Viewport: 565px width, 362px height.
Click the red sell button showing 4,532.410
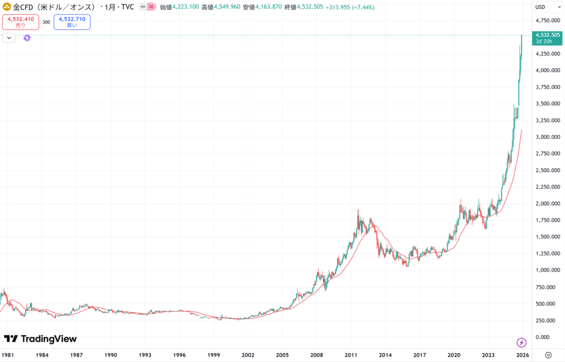(21, 22)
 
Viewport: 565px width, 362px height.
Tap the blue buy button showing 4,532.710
(72, 22)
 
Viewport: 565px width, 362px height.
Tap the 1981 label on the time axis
(8, 355)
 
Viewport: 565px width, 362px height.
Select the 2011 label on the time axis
(351, 355)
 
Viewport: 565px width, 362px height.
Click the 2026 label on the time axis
(523, 355)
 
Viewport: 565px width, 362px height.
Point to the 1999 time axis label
(214, 355)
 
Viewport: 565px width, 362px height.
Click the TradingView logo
(40, 339)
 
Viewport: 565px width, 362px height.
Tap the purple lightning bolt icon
(521, 343)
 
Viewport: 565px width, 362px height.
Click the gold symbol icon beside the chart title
(8, 7)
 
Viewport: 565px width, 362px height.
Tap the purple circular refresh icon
(27, 38)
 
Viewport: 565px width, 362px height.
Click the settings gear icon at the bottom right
(548, 355)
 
